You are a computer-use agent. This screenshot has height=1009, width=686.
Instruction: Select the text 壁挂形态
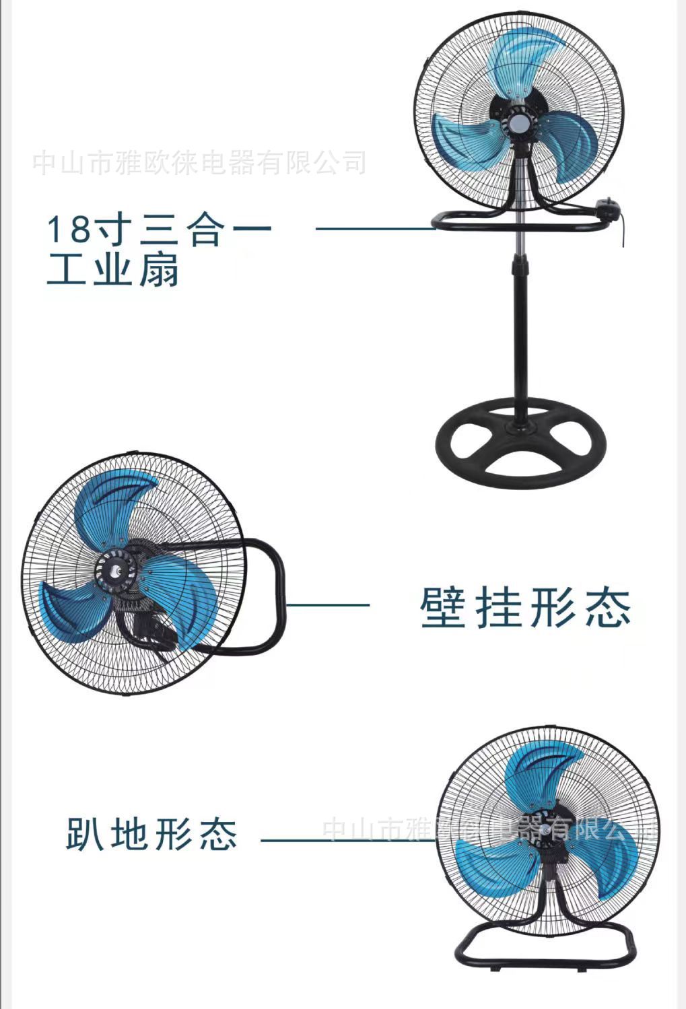pyautogui.click(x=526, y=608)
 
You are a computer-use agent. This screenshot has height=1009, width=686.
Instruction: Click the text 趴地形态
pyautogui.click(x=151, y=835)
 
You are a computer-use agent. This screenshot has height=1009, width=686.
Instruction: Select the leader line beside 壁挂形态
pyautogui.click(x=328, y=604)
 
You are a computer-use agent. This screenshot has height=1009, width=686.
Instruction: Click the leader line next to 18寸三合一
pyautogui.click(x=374, y=229)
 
